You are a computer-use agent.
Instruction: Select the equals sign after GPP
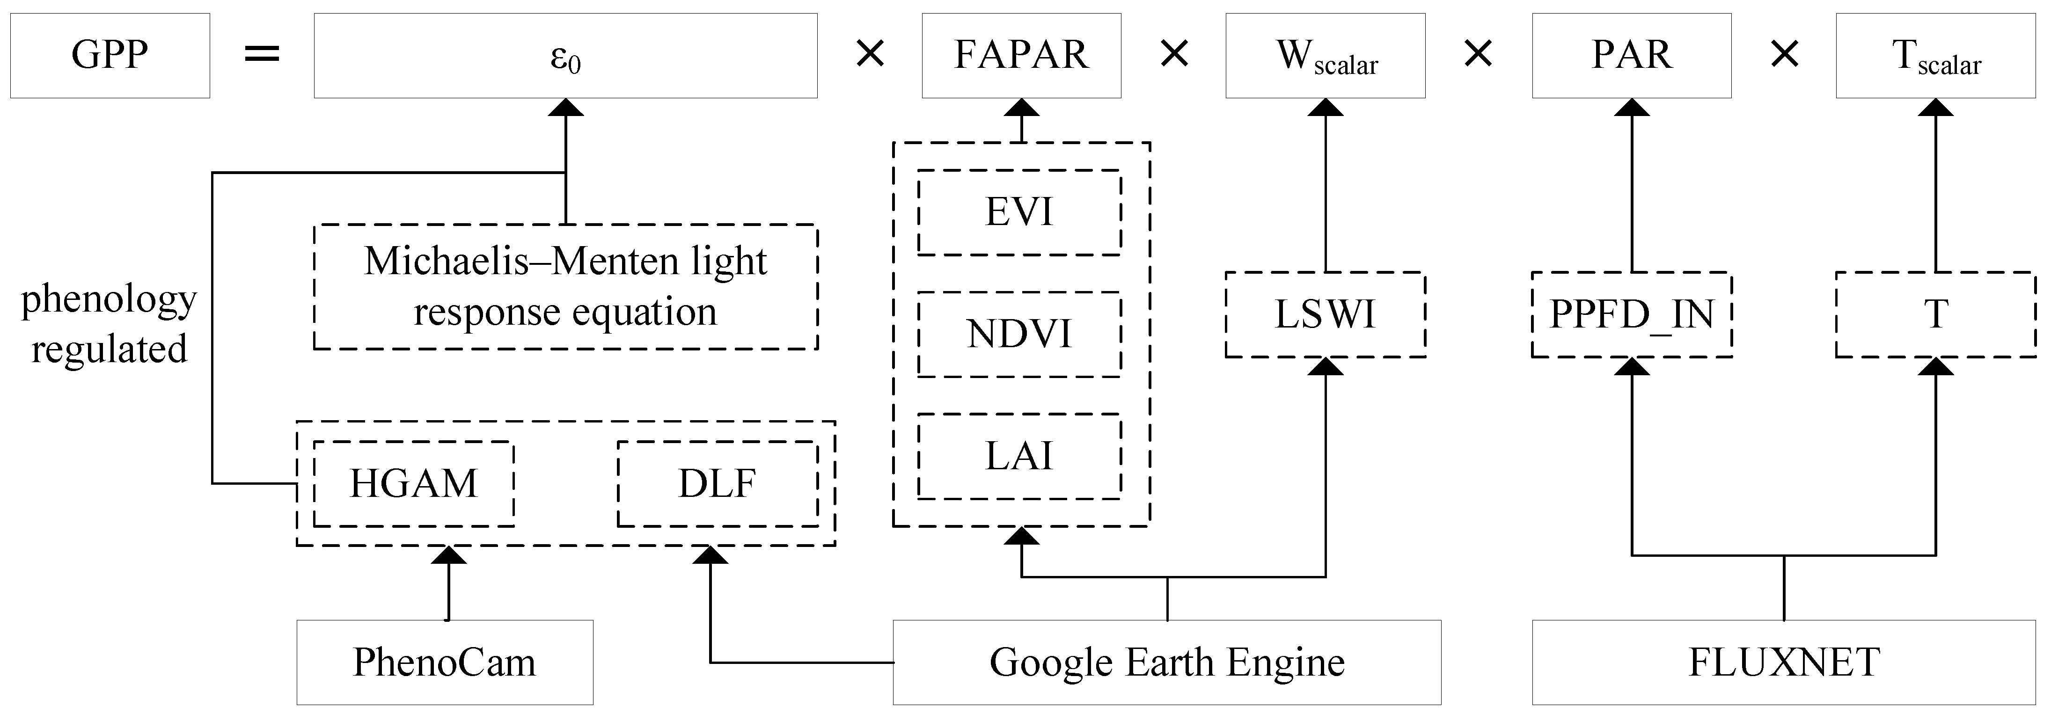262,55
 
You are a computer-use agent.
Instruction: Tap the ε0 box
565,56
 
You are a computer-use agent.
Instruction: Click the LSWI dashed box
1325,314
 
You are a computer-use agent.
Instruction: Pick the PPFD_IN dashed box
1632,314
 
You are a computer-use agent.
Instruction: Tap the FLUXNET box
1783,662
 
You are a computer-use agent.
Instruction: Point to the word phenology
109,300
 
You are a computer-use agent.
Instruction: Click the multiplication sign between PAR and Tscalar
1784,55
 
